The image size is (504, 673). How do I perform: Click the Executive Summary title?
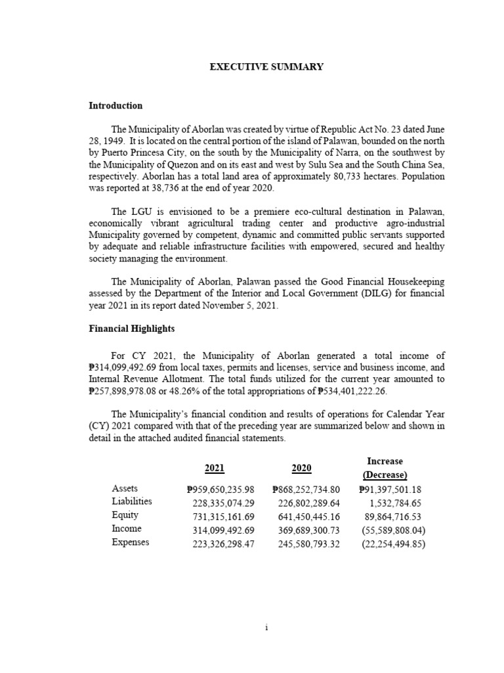click(x=266, y=68)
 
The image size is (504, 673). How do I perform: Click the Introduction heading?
click(x=115, y=106)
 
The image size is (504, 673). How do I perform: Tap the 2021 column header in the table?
click(x=215, y=468)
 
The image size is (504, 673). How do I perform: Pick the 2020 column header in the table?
click(x=301, y=468)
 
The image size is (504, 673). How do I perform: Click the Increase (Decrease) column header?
click(x=385, y=468)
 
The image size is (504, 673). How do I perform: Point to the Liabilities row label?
click(x=132, y=501)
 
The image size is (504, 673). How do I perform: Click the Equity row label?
click(x=125, y=515)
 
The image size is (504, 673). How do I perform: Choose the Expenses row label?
click(x=131, y=542)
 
